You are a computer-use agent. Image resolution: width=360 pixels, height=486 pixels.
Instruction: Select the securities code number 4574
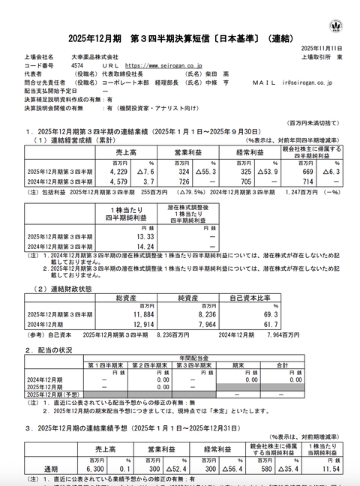(x=77, y=65)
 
